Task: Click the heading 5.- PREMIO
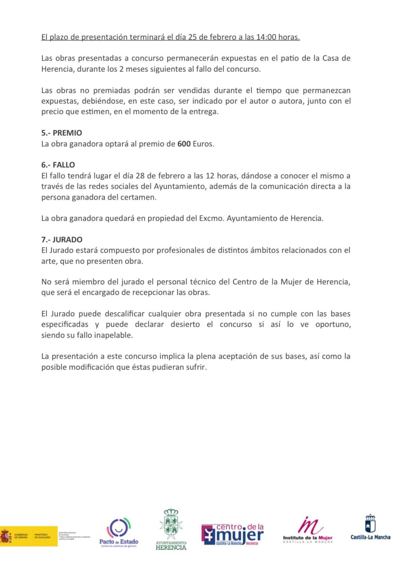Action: coord(61,133)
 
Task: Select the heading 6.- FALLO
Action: coord(58,165)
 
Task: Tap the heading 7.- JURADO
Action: coord(62,239)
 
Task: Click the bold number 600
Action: coord(184,144)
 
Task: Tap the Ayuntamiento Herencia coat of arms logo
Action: coord(171,529)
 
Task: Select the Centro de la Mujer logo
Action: coord(232,534)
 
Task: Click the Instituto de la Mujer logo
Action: coord(308,530)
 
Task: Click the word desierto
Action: coord(185,324)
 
